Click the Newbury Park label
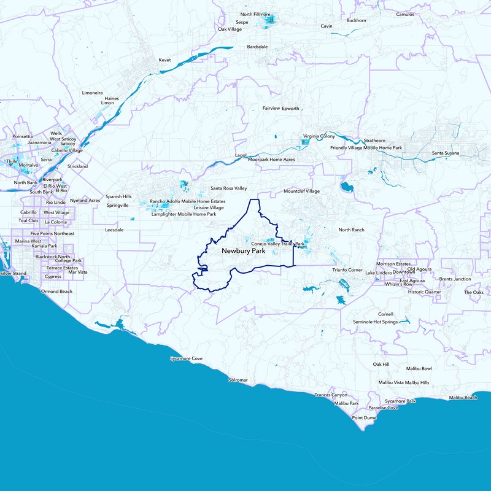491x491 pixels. click(239, 252)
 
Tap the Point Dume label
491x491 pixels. click(364, 417)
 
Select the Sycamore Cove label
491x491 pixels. click(186, 358)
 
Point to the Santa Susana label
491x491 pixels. click(445, 153)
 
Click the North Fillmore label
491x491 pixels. click(255, 14)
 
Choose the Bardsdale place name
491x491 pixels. click(258, 46)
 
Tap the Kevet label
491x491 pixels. click(164, 60)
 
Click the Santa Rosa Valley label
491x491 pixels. click(228, 188)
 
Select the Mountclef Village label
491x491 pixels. click(301, 191)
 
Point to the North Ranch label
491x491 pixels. click(351, 230)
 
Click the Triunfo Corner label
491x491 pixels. click(347, 270)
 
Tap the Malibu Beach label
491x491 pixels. click(463, 398)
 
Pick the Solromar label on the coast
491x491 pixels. click(238, 381)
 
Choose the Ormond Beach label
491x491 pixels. click(56, 291)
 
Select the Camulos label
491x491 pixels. click(406, 14)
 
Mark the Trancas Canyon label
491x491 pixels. click(331, 395)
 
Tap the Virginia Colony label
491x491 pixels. click(319, 136)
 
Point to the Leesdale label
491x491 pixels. click(115, 230)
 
